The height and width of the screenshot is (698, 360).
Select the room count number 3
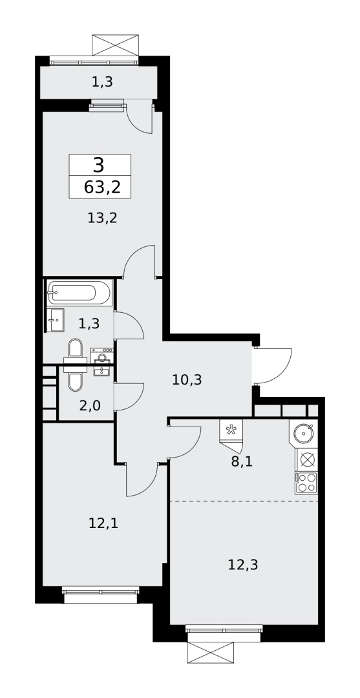(x=98, y=165)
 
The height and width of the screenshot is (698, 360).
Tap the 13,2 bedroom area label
(x=102, y=218)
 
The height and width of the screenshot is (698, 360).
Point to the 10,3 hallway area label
(x=187, y=380)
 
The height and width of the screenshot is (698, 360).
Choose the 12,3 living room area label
(x=243, y=564)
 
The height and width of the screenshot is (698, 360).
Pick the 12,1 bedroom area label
(x=103, y=523)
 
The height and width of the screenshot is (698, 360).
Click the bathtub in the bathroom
(x=79, y=293)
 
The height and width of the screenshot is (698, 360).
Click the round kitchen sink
(x=304, y=432)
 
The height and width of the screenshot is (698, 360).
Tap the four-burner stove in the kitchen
(x=306, y=483)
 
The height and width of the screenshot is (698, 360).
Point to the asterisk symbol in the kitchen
(x=230, y=430)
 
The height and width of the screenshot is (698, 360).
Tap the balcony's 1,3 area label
(x=98, y=81)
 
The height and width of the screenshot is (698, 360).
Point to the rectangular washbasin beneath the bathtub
(x=56, y=319)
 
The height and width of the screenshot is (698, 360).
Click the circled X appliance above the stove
(x=307, y=460)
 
